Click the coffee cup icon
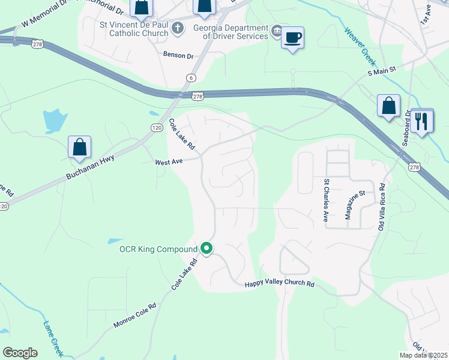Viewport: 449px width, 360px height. coord(292,38)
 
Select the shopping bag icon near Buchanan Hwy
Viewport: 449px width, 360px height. coord(79,147)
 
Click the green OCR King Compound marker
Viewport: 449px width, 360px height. coord(206,248)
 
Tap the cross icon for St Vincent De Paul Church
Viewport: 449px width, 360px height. coord(178,28)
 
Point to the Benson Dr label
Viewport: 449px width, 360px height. coord(178,55)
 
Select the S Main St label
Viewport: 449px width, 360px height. coord(382,71)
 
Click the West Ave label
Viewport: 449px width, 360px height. coord(168,161)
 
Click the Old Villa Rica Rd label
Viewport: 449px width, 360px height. coord(381,207)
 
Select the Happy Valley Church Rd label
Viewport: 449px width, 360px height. coord(280,283)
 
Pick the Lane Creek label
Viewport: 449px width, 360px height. coord(53,337)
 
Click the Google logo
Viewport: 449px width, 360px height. coord(20,353)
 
